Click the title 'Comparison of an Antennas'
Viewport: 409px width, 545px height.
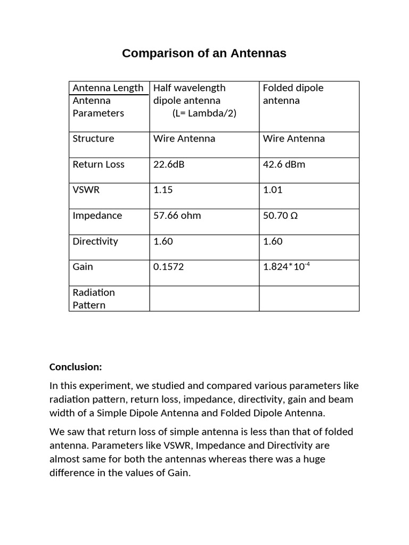click(x=204, y=53)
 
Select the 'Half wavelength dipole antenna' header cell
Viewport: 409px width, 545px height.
click(x=189, y=94)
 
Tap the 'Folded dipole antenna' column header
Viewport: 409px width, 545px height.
click(x=293, y=94)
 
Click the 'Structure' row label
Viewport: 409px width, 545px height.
click(x=93, y=139)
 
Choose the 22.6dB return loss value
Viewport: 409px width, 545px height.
click(x=169, y=164)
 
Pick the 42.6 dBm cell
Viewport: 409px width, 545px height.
click(x=284, y=164)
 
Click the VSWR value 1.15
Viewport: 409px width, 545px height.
click(x=163, y=190)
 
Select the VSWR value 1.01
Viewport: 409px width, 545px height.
click(x=273, y=190)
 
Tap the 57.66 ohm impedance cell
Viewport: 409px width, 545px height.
click(x=177, y=216)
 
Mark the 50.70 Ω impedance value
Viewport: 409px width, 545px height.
click(x=282, y=216)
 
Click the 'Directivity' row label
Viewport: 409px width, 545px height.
click(x=95, y=241)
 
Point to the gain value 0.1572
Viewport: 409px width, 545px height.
click(x=168, y=267)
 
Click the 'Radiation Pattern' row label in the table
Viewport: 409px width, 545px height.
click(x=93, y=299)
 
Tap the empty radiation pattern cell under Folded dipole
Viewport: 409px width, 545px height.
click(x=309, y=299)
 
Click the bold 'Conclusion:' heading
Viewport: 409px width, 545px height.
click(x=75, y=367)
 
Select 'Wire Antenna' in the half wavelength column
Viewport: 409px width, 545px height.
click(x=184, y=139)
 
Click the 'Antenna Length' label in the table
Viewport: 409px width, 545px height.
click(x=108, y=88)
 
